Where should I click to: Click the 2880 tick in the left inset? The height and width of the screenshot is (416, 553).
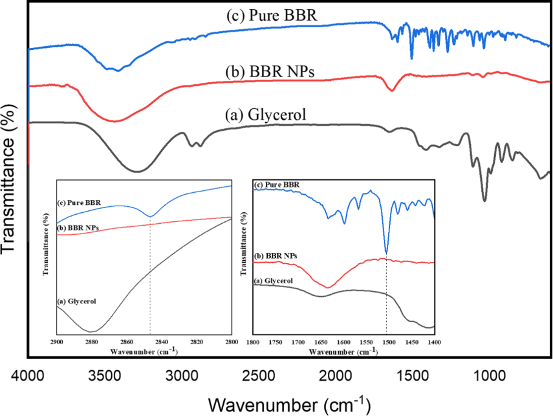(x=92, y=342)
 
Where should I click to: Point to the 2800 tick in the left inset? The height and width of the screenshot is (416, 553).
(x=231, y=342)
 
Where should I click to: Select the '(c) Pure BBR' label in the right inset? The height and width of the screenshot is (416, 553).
(x=277, y=184)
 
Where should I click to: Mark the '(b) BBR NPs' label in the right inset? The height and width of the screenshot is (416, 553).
(x=275, y=256)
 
